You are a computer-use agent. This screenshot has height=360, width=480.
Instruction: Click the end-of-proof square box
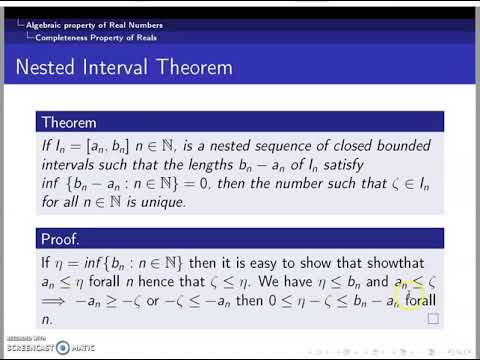[x=432, y=319]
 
